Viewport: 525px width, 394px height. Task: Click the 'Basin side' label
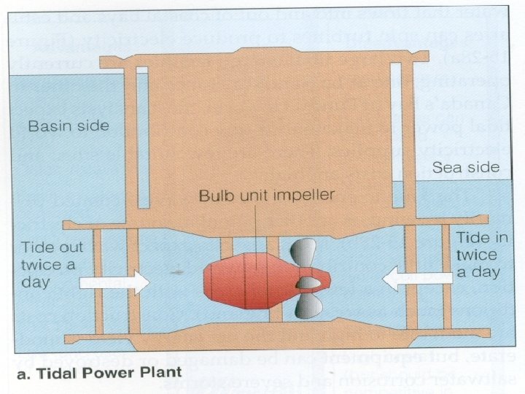click(x=69, y=126)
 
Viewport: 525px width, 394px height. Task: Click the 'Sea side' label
click(x=465, y=168)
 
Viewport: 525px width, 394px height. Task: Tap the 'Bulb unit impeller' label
click(x=268, y=196)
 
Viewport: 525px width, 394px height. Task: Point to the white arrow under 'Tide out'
click(x=113, y=282)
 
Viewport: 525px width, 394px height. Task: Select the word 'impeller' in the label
click(x=305, y=196)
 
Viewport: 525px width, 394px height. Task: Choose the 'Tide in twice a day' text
click(x=478, y=255)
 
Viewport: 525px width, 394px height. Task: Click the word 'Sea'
click(x=448, y=168)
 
